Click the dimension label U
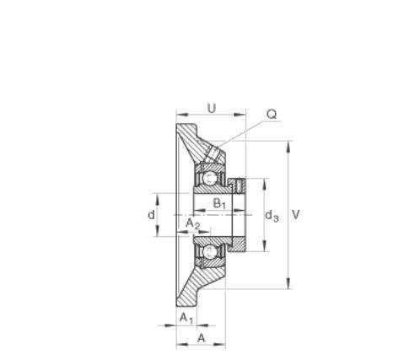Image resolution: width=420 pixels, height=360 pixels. pyautogui.click(x=212, y=108)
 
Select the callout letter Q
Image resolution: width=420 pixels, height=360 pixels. pyautogui.click(x=272, y=115)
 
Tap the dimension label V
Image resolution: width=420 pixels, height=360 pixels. pyautogui.click(x=296, y=215)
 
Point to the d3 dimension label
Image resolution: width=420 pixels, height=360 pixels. pyautogui.click(x=272, y=216)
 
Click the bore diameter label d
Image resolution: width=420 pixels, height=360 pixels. pyautogui.click(x=151, y=215)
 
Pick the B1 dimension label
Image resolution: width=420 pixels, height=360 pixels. pyautogui.click(x=219, y=203)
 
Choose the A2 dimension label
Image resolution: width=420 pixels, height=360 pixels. pyautogui.click(x=193, y=223)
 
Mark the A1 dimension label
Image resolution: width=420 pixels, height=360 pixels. pyautogui.click(x=186, y=318)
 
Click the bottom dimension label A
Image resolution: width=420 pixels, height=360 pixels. pyautogui.click(x=202, y=338)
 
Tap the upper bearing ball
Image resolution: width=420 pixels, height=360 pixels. pyautogui.click(x=209, y=178)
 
